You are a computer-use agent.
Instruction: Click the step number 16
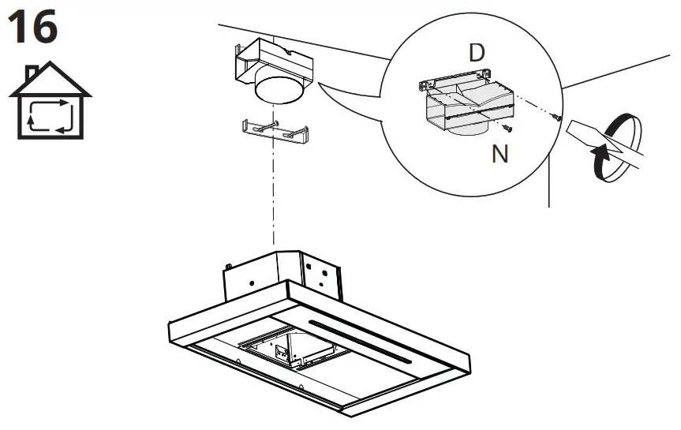click(x=32, y=27)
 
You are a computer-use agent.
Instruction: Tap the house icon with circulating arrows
click(x=51, y=103)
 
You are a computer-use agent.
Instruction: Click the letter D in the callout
click(x=476, y=54)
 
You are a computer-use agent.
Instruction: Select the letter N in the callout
click(x=500, y=153)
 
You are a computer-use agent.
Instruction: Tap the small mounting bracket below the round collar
click(x=272, y=129)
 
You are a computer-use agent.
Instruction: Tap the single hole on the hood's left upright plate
click(x=250, y=282)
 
